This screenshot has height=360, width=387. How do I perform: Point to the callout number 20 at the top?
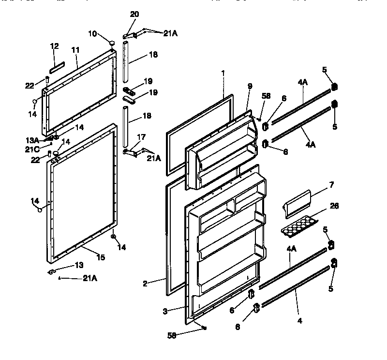pyautogui.click(x=134, y=15)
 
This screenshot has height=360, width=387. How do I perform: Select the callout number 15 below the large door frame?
pyautogui.click(x=100, y=257)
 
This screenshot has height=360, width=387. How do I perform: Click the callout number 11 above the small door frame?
pyautogui.click(x=75, y=50)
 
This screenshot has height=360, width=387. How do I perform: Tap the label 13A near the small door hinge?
pyautogui.click(x=32, y=140)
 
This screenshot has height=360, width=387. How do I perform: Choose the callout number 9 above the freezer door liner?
pyautogui.click(x=250, y=87)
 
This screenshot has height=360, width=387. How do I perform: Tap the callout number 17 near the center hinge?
pyautogui.click(x=141, y=138)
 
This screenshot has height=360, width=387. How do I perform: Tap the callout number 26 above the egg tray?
pyautogui.click(x=334, y=206)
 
